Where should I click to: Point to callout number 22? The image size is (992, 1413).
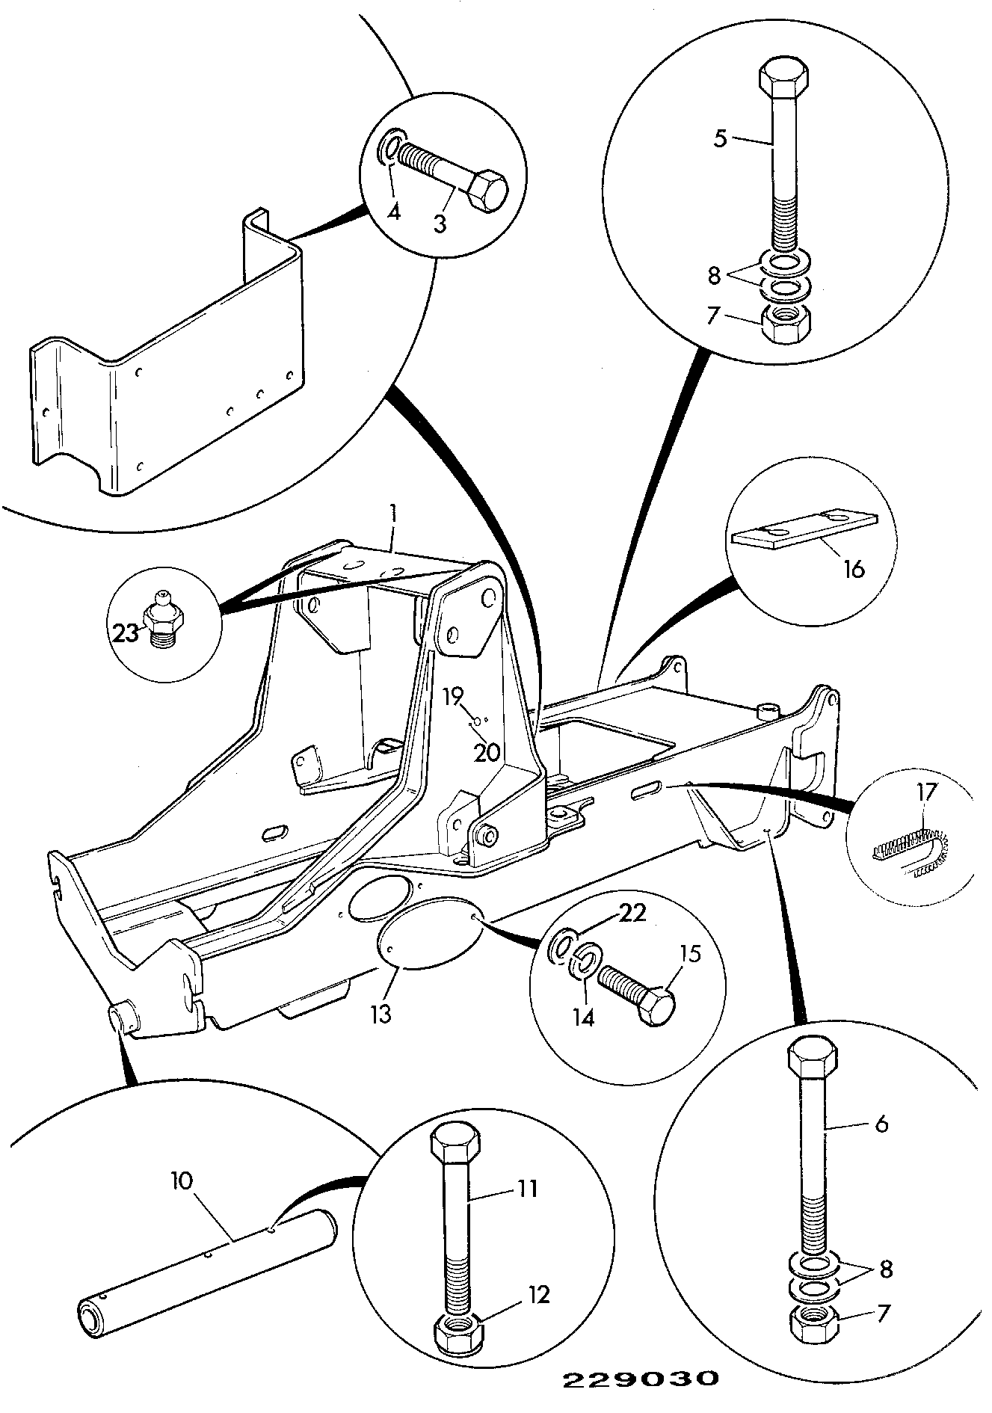(632, 914)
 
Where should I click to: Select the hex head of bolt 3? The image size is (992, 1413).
(487, 190)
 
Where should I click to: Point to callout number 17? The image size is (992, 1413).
(926, 791)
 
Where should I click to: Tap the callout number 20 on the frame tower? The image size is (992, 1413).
(487, 751)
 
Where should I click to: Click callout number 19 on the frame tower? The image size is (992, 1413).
(452, 698)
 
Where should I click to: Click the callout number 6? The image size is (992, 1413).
(881, 1144)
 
